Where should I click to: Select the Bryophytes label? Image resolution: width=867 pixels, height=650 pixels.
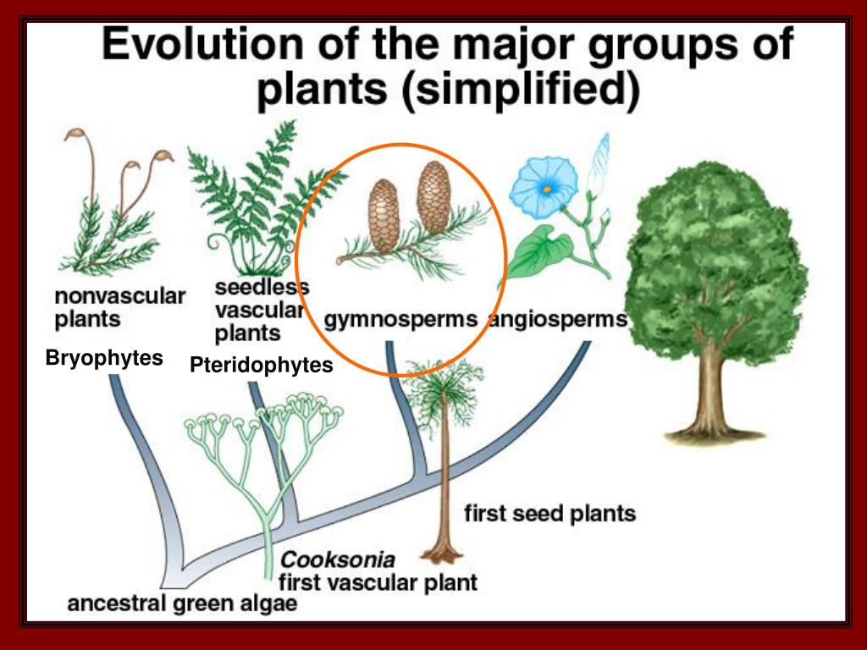click(104, 358)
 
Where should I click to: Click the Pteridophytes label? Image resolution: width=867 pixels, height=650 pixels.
click(262, 366)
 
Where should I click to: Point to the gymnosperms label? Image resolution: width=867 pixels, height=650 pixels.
click(400, 320)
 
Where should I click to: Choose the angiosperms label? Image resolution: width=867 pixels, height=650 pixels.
click(559, 320)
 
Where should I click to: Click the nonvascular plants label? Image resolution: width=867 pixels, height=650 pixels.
click(119, 308)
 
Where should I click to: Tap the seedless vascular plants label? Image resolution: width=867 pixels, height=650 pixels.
click(261, 310)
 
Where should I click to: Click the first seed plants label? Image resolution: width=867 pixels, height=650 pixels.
click(549, 514)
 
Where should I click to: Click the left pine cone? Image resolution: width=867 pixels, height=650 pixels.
click(384, 216)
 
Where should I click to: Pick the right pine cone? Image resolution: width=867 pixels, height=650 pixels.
click(434, 196)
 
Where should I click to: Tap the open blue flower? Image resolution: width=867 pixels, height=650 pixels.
click(544, 186)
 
